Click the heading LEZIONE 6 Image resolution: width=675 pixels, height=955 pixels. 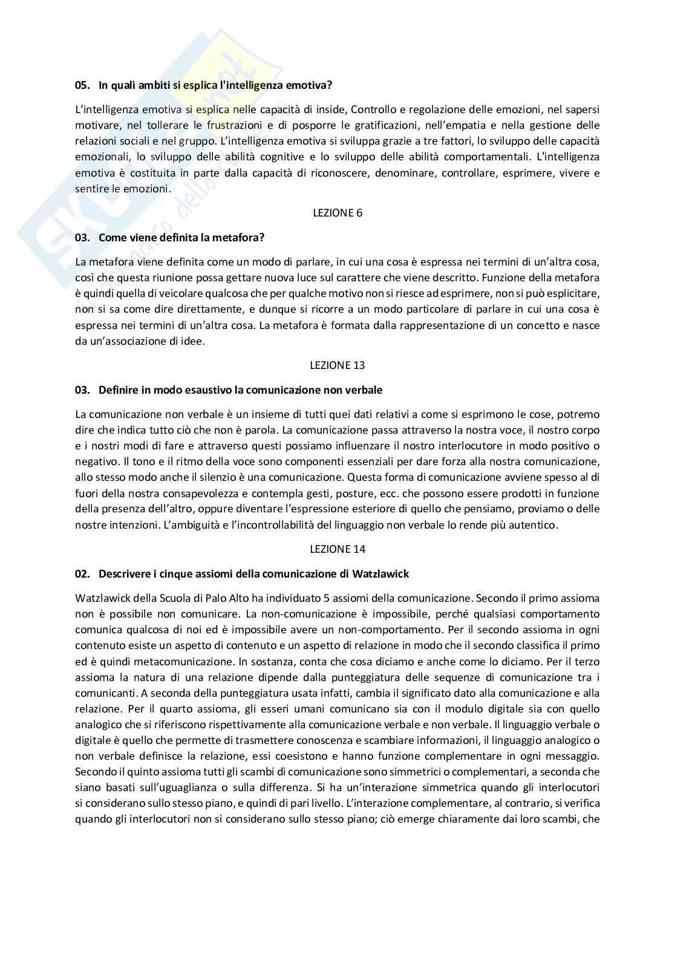click(x=337, y=213)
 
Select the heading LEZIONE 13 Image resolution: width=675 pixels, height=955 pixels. click(x=337, y=365)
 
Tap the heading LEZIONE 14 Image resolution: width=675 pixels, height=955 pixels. click(x=337, y=549)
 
